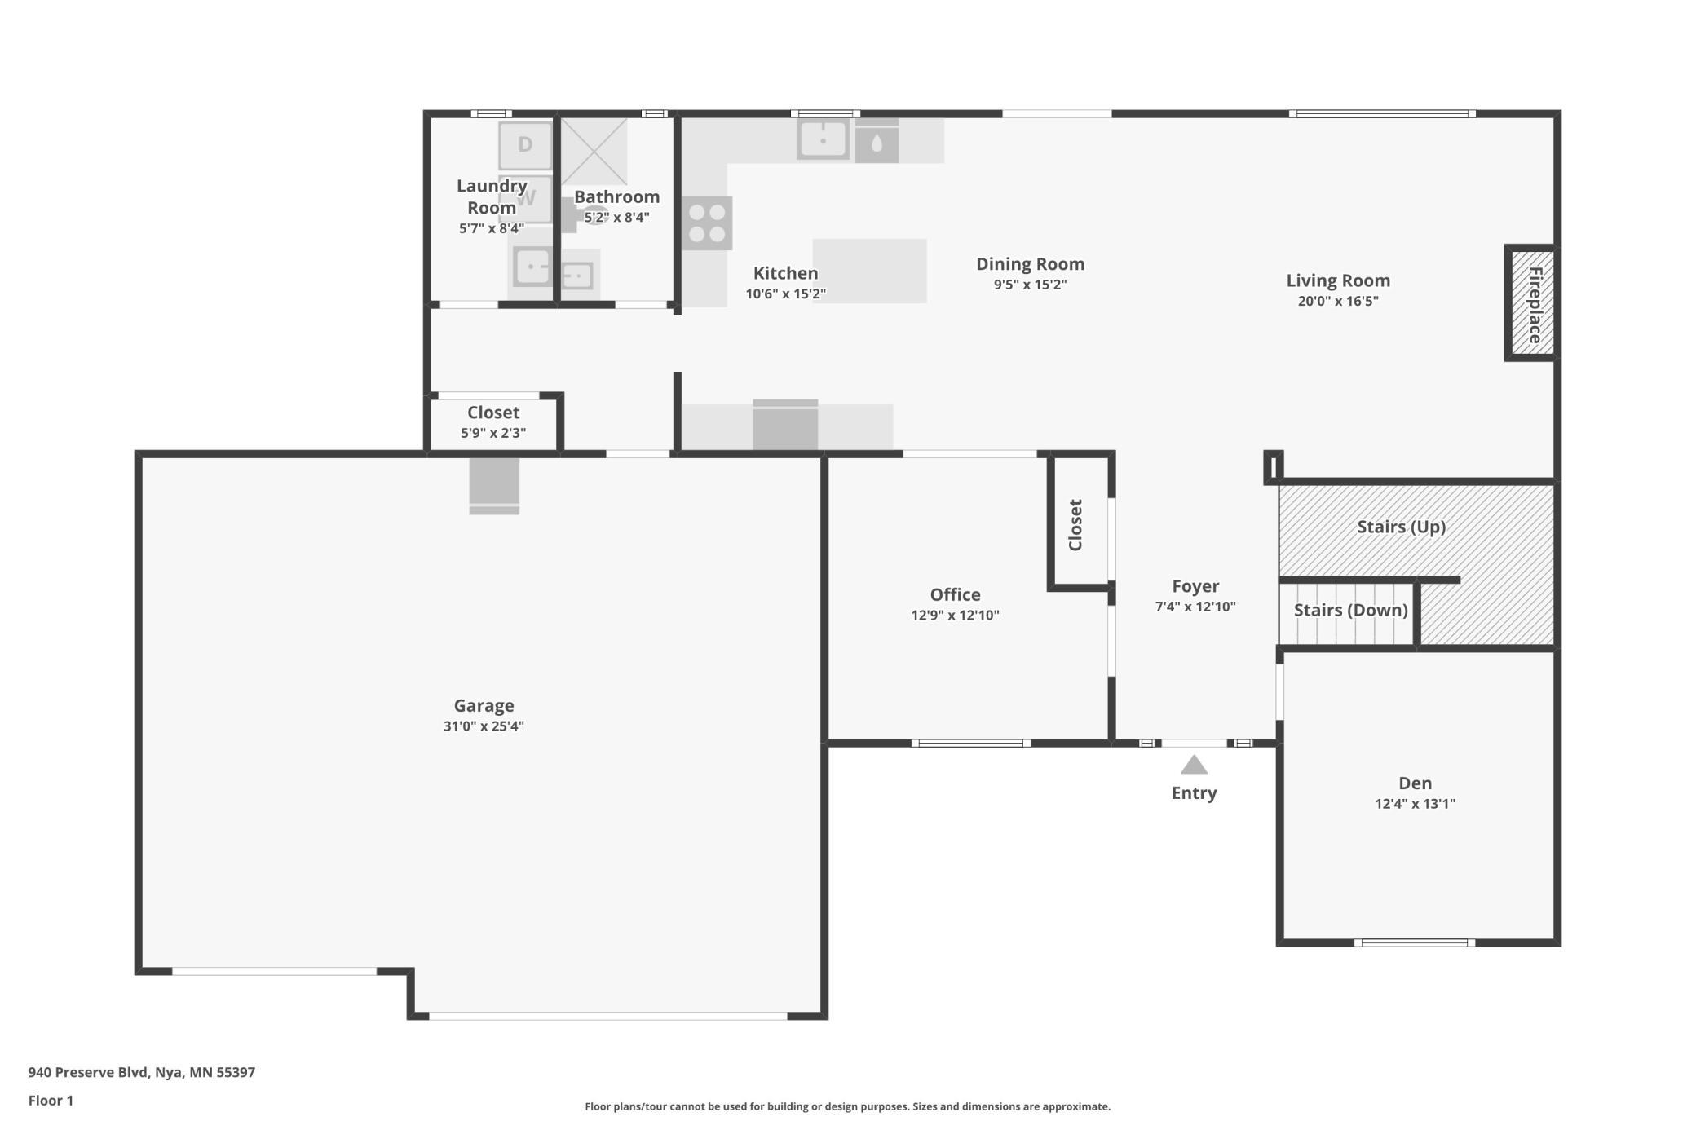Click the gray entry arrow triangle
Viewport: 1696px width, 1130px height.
[1194, 765]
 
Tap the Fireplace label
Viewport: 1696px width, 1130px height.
[1535, 305]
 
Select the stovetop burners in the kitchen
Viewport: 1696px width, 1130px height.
[707, 223]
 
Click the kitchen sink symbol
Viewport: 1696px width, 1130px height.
[823, 139]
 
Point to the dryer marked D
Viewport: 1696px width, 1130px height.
[525, 145]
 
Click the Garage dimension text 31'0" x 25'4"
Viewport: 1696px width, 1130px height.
[484, 726]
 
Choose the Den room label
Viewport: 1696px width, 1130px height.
[1415, 783]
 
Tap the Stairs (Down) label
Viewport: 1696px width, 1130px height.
[1350, 610]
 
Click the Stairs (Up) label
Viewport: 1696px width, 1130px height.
[1401, 527]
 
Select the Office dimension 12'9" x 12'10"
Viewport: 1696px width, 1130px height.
[955, 616]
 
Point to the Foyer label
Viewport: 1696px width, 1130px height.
[1195, 586]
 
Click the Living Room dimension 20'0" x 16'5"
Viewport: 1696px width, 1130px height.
[1338, 301]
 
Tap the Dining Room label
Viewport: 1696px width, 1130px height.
[1030, 264]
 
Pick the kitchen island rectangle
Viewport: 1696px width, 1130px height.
[869, 271]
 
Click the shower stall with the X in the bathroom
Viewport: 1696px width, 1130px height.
[594, 152]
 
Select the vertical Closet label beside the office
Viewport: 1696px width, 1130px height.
[1075, 525]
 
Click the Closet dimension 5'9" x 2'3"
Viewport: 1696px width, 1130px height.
[493, 433]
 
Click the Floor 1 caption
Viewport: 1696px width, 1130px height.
[51, 1101]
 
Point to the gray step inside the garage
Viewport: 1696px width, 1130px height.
[494, 486]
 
